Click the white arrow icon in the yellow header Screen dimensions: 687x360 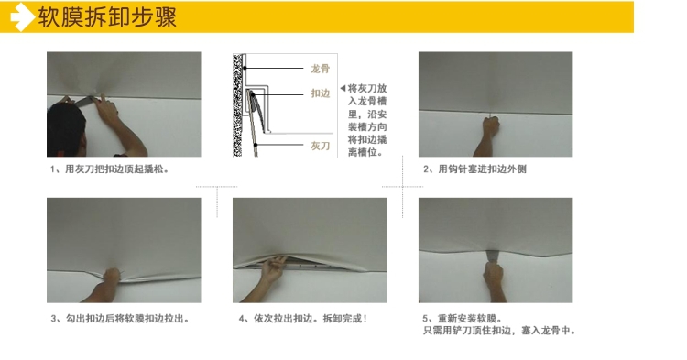(x=21, y=17)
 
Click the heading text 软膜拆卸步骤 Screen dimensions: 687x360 (x=107, y=17)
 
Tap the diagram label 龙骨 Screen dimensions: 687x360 (x=320, y=69)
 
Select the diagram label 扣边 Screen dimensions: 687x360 (x=320, y=93)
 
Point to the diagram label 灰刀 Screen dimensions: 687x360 (x=320, y=146)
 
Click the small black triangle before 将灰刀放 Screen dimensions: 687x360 (x=343, y=88)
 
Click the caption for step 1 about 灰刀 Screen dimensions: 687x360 (x=109, y=169)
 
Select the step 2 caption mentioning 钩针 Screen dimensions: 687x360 (x=474, y=169)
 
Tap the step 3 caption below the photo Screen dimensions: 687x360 (x=120, y=319)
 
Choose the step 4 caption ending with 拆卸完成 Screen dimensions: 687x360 (x=303, y=319)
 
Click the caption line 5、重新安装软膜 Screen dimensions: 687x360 (x=463, y=319)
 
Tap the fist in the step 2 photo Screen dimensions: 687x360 (x=491, y=126)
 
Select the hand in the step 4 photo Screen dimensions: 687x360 (x=273, y=268)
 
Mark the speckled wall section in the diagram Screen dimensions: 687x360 (x=237, y=105)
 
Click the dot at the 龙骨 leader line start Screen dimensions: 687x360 (x=245, y=68)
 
